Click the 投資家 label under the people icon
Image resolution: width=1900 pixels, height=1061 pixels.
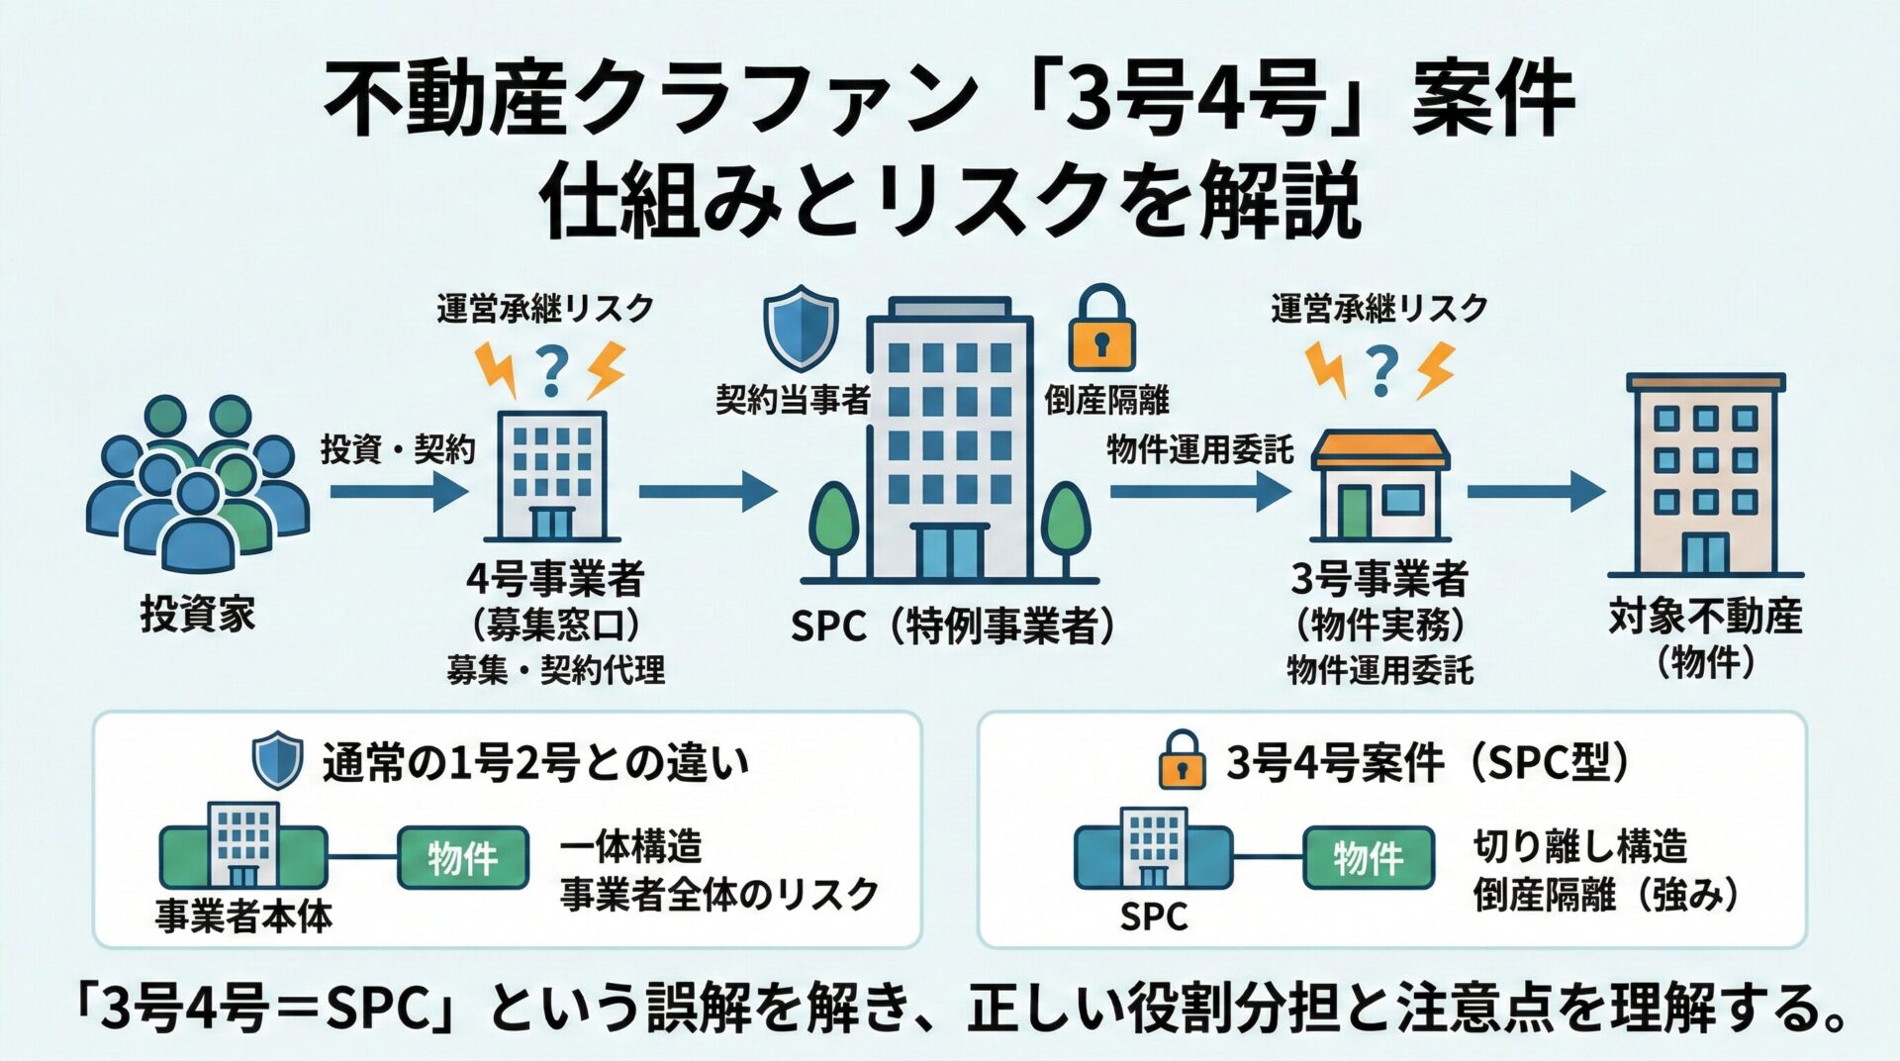197,615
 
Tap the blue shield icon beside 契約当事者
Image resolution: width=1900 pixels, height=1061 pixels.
800,326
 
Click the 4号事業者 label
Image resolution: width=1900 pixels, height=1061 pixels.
555,579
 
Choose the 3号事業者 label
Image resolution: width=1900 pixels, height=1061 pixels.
1379,579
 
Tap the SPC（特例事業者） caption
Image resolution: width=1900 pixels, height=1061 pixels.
951,627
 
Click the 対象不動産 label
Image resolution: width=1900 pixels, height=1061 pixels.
1705,617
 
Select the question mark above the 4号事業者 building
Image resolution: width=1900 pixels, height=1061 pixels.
552,371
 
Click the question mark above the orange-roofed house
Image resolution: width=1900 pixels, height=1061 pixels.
1381,371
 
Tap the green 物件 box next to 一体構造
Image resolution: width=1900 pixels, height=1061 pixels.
462,857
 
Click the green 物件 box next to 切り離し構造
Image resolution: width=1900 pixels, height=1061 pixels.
1368,857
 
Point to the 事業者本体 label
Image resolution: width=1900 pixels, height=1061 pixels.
243,916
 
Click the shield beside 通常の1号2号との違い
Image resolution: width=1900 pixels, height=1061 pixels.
277,760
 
